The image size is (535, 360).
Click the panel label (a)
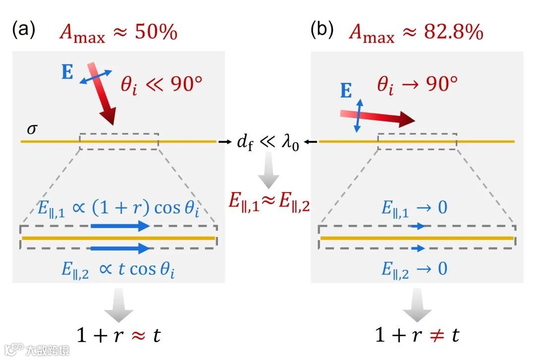[x=23, y=31]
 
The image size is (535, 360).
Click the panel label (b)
[x=321, y=31]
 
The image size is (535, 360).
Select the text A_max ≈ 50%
[x=118, y=33]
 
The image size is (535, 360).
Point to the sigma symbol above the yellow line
[x=31, y=129]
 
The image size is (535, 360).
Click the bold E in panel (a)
[x=67, y=72]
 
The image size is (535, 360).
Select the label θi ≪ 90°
[x=161, y=85]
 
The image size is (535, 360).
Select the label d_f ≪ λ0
[x=267, y=143]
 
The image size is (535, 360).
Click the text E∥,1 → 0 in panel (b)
[x=414, y=208]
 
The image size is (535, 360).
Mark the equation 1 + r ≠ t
[x=417, y=335]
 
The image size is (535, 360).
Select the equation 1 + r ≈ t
[x=118, y=336]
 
